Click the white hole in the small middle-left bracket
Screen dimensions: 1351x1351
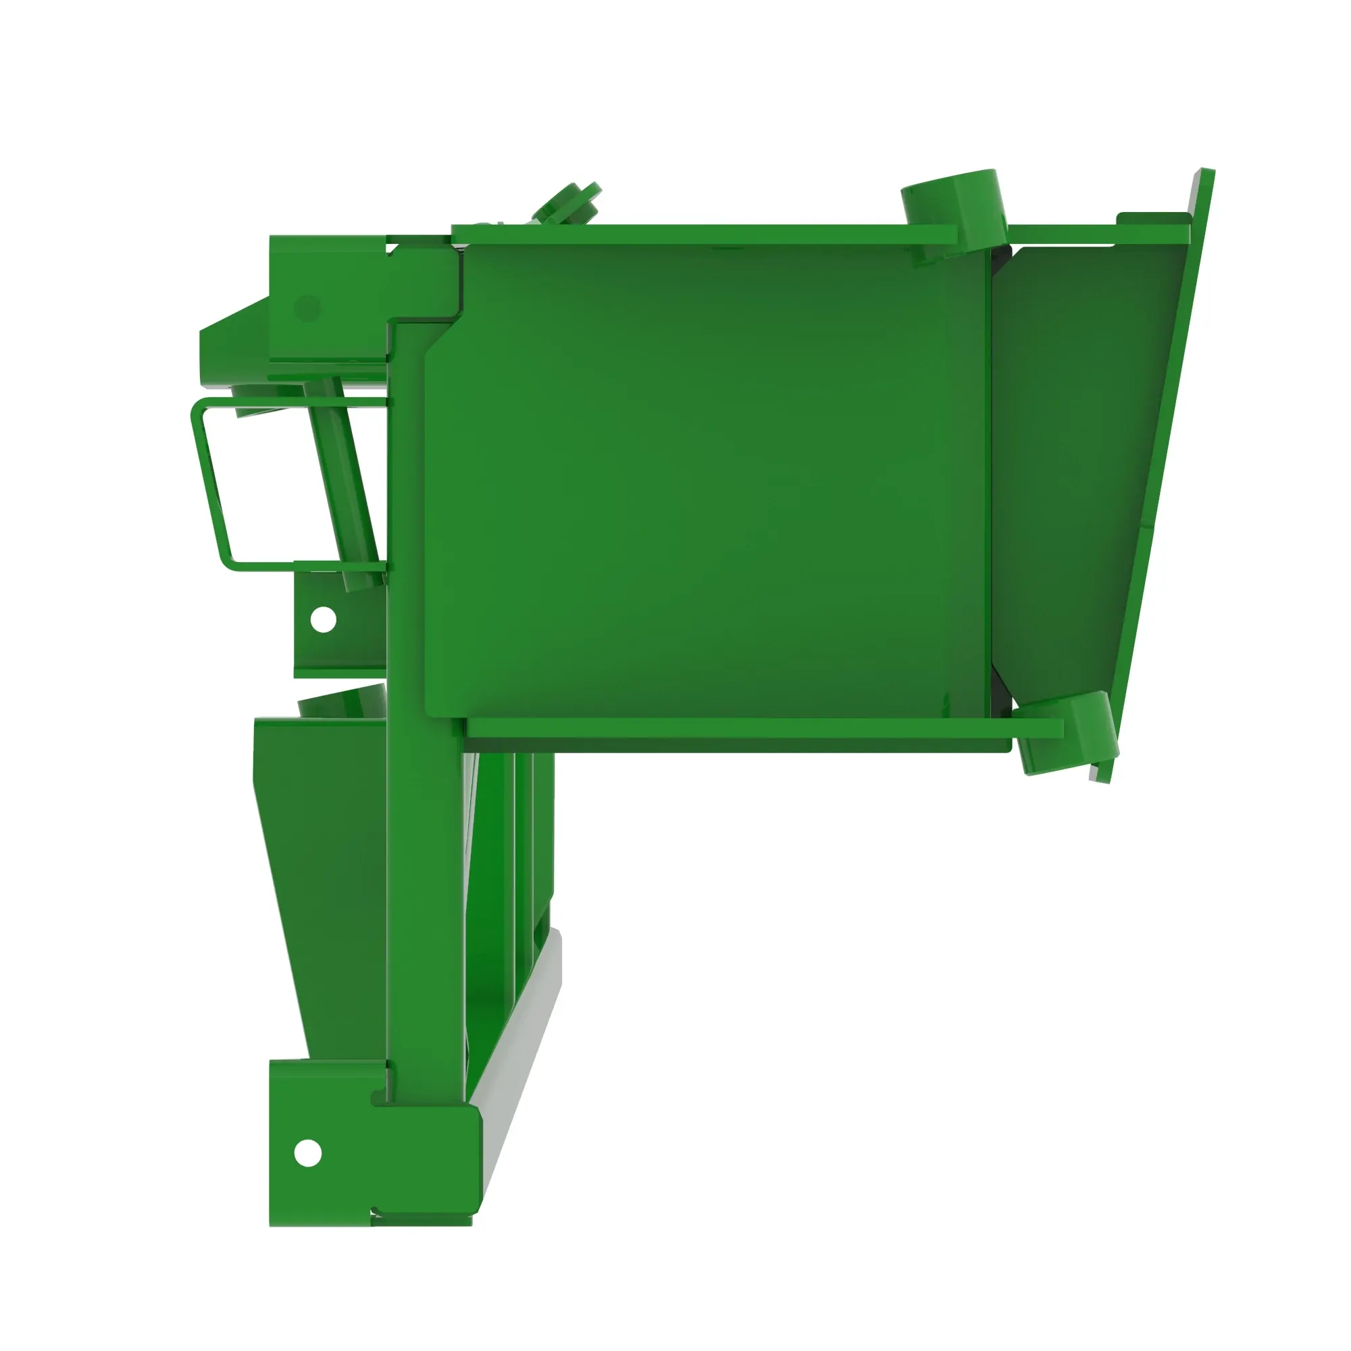tap(322, 619)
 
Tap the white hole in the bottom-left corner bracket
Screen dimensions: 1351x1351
tap(307, 1153)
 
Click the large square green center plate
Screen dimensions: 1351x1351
tap(707, 482)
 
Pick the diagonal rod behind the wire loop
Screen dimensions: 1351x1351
tap(342, 482)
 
